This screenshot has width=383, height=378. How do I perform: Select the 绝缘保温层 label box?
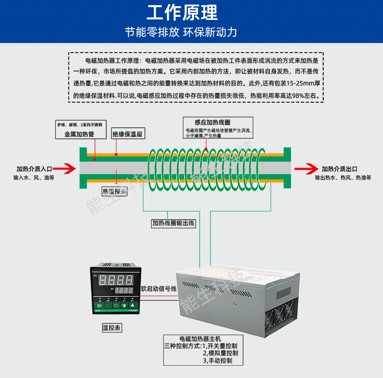click(127, 135)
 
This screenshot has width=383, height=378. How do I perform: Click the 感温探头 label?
click(115, 192)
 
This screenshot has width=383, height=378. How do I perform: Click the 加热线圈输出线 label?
click(173, 223)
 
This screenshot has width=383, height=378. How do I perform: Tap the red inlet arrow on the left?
click(66, 169)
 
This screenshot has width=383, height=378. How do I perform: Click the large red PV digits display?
click(116, 279)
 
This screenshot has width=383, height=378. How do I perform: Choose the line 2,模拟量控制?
click(220, 353)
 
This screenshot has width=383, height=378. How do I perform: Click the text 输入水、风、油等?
click(34, 178)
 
